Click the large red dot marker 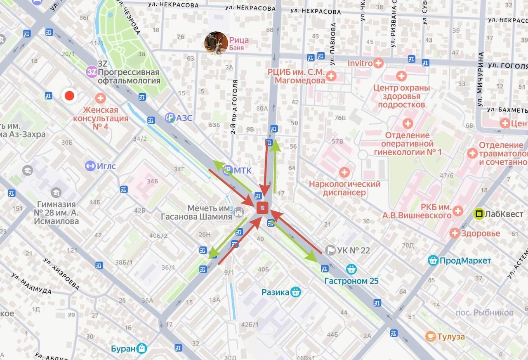[x=69, y=96]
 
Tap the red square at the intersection [x=263, y=208]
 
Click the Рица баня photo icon [x=216, y=43]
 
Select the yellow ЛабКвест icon [x=479, y=214]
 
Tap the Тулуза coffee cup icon [x=431, y=336]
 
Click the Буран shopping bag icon [x=142, y=348]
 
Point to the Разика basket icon [x=296, y=292]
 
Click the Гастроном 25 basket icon [x=351, y=269]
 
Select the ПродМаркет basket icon [x=433, y=261]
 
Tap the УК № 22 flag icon [x=330, y=250]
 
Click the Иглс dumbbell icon [x=90, y=166]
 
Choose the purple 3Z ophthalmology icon [x=92, y=72]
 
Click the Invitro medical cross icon [x=378, y=63]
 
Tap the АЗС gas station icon [x=170, y=118]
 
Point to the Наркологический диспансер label [x=344, y=188]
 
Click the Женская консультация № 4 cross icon [x=100, y=98]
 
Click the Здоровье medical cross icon [x=455, y=233]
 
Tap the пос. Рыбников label [x=484, y=313]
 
